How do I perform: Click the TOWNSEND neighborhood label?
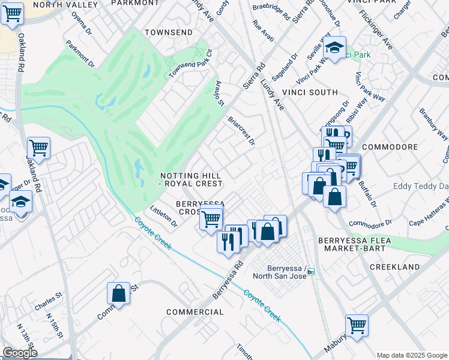click(169, 32)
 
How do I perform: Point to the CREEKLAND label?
click(394, 266)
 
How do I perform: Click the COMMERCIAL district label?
click(194, 312)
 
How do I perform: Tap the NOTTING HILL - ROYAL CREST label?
click(191, 179)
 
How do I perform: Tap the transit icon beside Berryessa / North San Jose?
click(311, 272)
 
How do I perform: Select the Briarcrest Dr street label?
click(242, 131)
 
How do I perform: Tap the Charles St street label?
click(48, 302)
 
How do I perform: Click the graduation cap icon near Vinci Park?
click(334, 47)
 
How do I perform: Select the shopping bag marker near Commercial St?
click(118, 293)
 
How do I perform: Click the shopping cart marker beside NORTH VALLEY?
click(12, 13)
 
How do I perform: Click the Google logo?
click(20, 353)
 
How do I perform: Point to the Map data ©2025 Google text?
click(412, 355)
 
